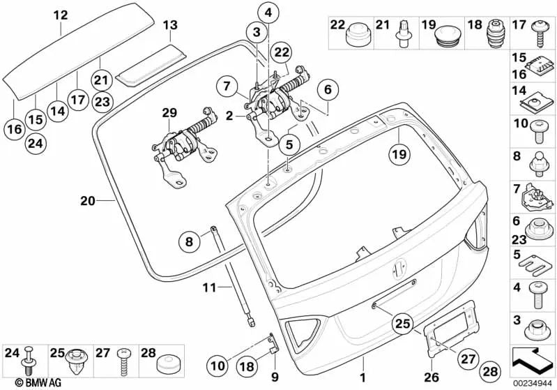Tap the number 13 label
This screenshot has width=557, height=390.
point(171,25)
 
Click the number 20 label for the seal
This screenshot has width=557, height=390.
point(86,201)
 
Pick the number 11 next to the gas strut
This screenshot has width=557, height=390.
point(210,286)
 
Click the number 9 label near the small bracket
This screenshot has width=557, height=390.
point(274,377)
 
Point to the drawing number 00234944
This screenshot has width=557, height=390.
point(533,382)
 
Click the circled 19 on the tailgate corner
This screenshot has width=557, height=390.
point(397,153)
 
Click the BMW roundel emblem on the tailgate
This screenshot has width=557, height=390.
point(401,267)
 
